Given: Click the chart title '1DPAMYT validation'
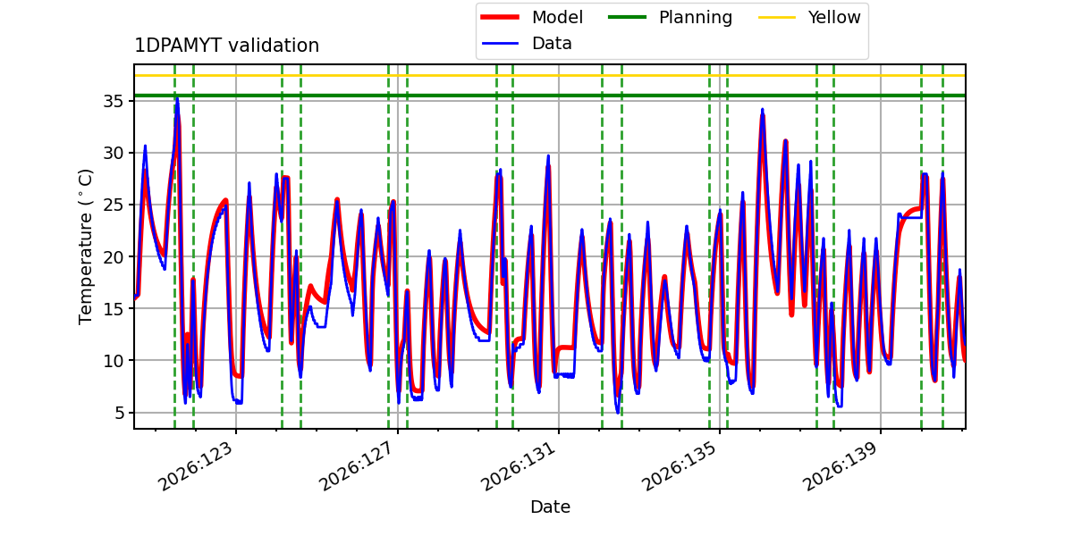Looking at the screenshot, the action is point(226,46).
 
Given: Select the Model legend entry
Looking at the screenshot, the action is point(532,17).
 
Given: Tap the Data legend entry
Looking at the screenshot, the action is point(526,44).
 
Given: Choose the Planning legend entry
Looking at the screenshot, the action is point(670,17).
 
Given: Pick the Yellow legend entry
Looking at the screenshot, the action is point(809,17).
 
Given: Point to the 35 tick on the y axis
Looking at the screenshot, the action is point(113,102).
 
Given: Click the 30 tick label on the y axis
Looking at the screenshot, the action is point(113,153).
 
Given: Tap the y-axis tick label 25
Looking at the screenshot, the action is point(113,205).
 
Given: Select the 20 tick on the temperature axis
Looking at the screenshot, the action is point(113,257).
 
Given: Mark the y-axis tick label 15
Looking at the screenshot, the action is point(113,309).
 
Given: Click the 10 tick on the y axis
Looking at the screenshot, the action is point(113,360).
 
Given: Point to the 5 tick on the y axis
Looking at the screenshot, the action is point(119,413).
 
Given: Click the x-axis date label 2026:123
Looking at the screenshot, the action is point(196,466).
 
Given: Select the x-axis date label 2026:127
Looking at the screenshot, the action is point(357,466).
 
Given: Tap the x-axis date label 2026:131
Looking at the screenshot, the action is point(518,466).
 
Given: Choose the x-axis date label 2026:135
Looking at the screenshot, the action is point(679,466).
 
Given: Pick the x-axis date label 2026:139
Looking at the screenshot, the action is point(841,466).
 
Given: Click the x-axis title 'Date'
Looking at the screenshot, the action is point(551,507).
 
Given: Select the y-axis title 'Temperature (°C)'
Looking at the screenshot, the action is point(85,247).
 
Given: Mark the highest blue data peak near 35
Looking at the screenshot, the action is point(177,99).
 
